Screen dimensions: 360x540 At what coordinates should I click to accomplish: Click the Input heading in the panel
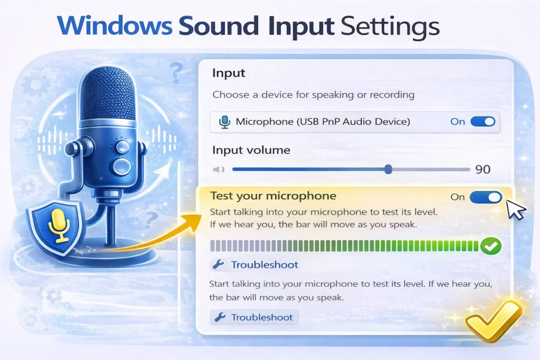point(229,73)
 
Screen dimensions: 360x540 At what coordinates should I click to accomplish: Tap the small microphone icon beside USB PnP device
point(225,122)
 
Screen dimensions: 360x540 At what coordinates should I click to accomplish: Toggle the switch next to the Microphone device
point(483,122)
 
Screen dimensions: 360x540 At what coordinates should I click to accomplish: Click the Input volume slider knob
point(388,169)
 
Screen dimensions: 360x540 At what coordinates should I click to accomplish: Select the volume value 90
point(483,169)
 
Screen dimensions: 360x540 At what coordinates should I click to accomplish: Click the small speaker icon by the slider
point(218,169)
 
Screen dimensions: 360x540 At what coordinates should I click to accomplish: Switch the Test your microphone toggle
point(486,197)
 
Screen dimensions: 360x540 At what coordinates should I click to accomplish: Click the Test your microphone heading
point(273,196)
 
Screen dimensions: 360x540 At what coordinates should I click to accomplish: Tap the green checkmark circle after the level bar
point(491,246)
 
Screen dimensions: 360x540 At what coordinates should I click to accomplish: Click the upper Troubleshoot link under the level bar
point(264,265)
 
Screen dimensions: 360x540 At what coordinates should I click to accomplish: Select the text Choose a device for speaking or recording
point(313,95)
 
